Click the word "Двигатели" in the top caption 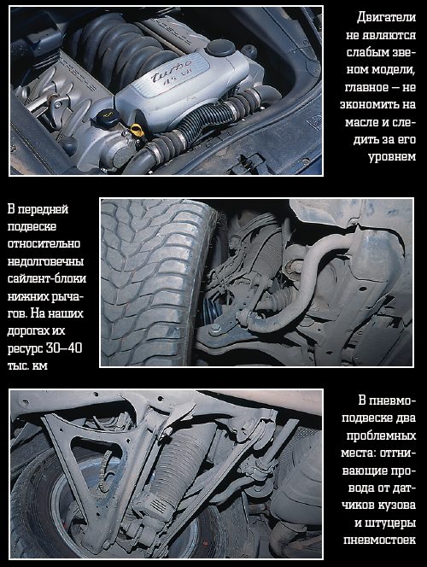point(386,17)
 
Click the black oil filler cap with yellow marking point(105,116)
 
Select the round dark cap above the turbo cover point(220,48)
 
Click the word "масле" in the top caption point(361,122)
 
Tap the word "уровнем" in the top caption point(392,157)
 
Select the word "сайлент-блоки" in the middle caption point(47,278)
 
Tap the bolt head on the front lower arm point(214,329)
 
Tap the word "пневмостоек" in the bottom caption point(380,541)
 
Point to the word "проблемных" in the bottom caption point(381,435)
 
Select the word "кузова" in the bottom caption point(397,506)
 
